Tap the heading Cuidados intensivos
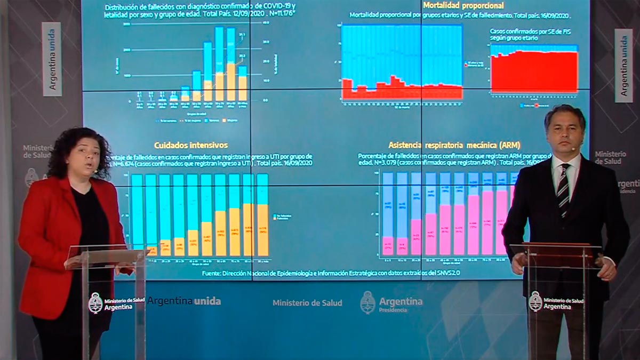(x=191, y=145)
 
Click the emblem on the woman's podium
(x=95, y=302)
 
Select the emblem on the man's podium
(x=535, y=302)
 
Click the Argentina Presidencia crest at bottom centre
(x=367, y=302)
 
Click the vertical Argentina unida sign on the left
(x=52, y=59)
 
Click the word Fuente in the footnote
(x=212, y=273)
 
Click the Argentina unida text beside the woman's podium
(x=184, y=301)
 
